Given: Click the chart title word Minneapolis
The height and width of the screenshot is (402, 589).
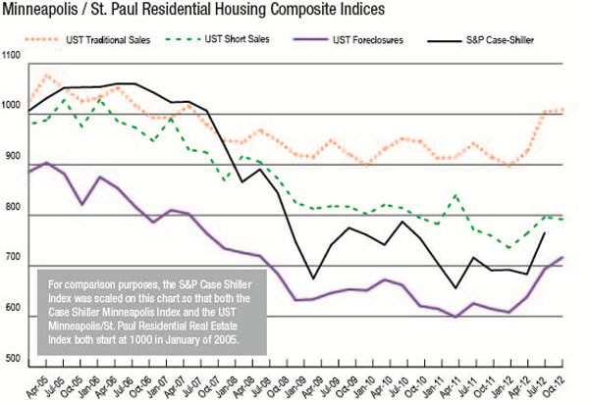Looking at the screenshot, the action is [x=40, y=10].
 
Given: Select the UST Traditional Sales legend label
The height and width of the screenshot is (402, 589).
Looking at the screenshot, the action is [x=108, y=40].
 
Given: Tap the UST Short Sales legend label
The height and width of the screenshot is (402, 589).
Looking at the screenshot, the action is [x=237, y=39].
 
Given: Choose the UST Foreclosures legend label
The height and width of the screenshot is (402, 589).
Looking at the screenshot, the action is [x=368, y=40].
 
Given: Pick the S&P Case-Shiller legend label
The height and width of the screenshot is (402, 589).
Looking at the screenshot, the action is [x=500, y=40].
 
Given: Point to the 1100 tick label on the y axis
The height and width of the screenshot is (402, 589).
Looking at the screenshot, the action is [x=11, y=55].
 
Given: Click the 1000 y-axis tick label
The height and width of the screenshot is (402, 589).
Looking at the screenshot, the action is [x=11, y=106].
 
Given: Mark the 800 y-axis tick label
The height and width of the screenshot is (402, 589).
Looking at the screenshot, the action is [x=13, y=207].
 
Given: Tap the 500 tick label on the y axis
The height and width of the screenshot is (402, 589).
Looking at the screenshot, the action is [x=13, y=359].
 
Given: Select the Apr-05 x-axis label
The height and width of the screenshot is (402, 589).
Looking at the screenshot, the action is [x=38, y=386].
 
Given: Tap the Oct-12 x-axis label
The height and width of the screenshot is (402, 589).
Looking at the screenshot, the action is [x=556, y=386].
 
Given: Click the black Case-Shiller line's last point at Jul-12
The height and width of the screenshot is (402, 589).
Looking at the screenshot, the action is [x=545, y=233].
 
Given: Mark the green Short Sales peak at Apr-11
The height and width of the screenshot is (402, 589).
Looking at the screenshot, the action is [x=455, y=195].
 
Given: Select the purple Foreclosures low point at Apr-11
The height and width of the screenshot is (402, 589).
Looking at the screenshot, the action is [x=455, y=317].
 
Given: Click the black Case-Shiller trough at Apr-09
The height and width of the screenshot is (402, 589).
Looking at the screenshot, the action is [x=313, y=278].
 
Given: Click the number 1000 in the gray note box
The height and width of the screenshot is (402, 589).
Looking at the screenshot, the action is [x=141, y=339].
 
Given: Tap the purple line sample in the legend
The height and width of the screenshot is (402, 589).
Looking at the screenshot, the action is [x=311, y=39].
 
